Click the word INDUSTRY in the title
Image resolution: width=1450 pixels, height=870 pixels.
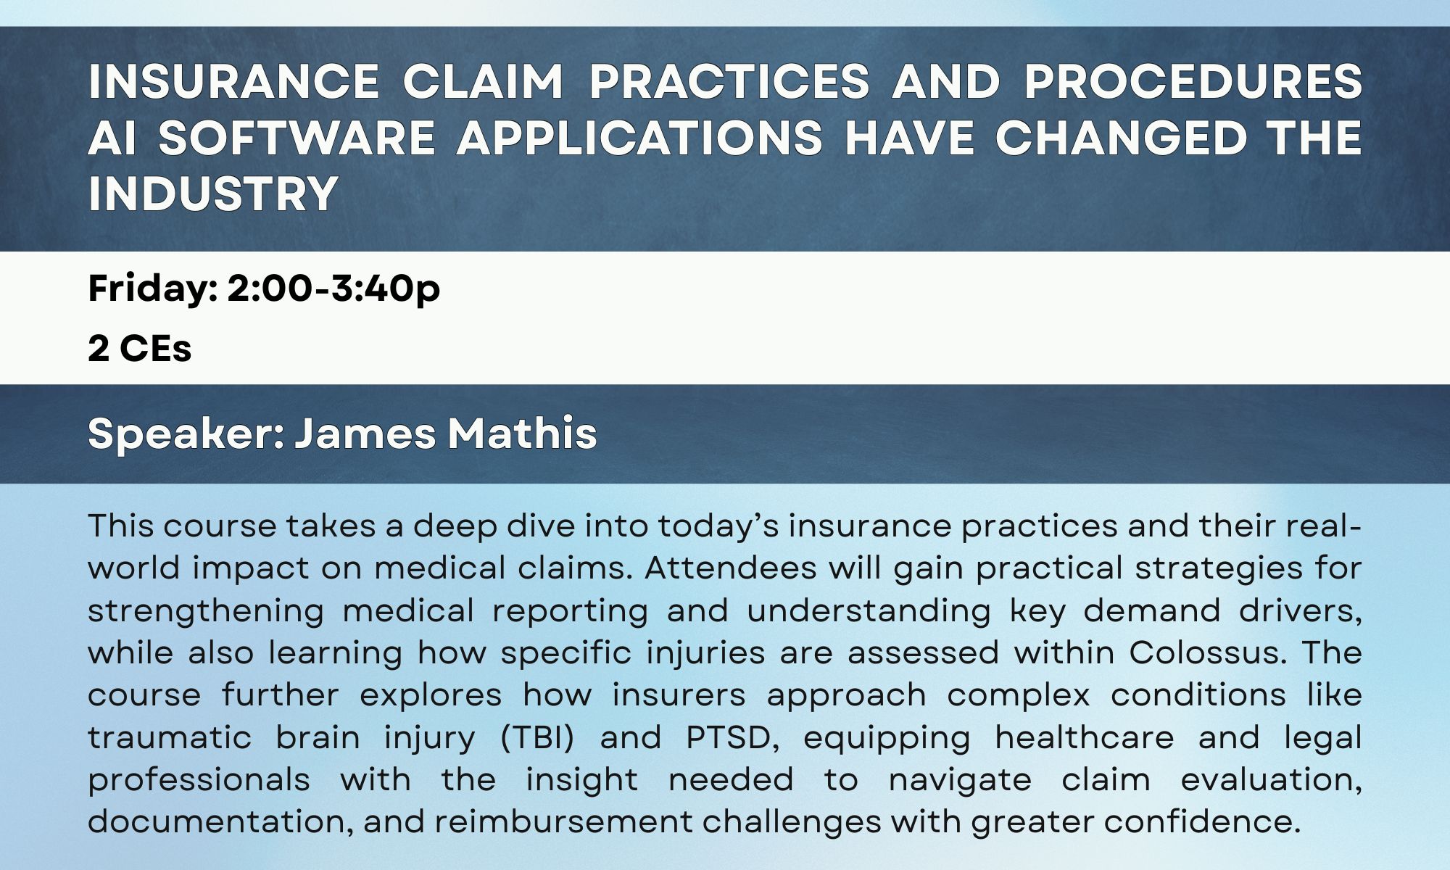coord(213,194)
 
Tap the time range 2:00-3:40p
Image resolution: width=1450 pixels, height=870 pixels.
coord(333,289)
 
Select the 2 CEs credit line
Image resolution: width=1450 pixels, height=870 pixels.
coord(140,348)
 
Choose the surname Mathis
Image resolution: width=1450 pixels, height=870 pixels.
coord(522,434)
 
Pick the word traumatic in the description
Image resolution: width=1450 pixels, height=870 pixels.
coord(170,737)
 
